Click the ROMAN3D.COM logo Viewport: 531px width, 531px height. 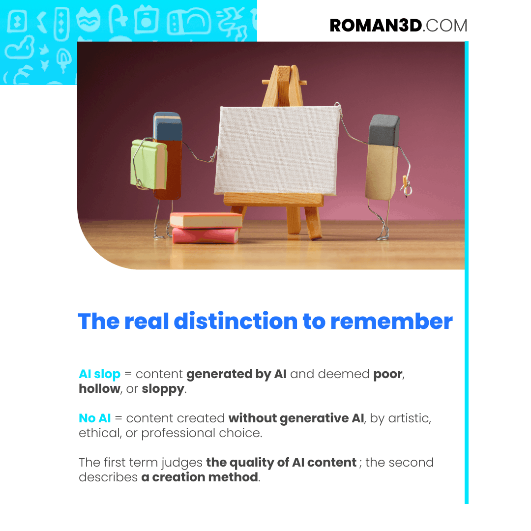click(399, 26)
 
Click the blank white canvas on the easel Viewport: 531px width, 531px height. click(277, 150)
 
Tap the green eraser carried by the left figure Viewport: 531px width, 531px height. click(149, 164)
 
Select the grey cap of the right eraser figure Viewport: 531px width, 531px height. click(384, 130)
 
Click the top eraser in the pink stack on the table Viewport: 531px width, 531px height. click(206, 220)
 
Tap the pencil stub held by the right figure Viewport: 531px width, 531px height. click(405, 185)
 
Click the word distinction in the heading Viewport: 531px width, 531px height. click(236, 321)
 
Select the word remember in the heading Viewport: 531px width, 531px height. click(391, 321)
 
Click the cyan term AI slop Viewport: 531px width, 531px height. click(99, 374)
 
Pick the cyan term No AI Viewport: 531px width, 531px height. click(95, 418)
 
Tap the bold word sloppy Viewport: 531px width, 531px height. click(163, 389)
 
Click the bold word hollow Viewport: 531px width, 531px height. click(99, 388)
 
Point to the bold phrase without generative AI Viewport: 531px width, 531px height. click(296, 418)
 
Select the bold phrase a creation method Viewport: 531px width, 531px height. click(200, 477)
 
